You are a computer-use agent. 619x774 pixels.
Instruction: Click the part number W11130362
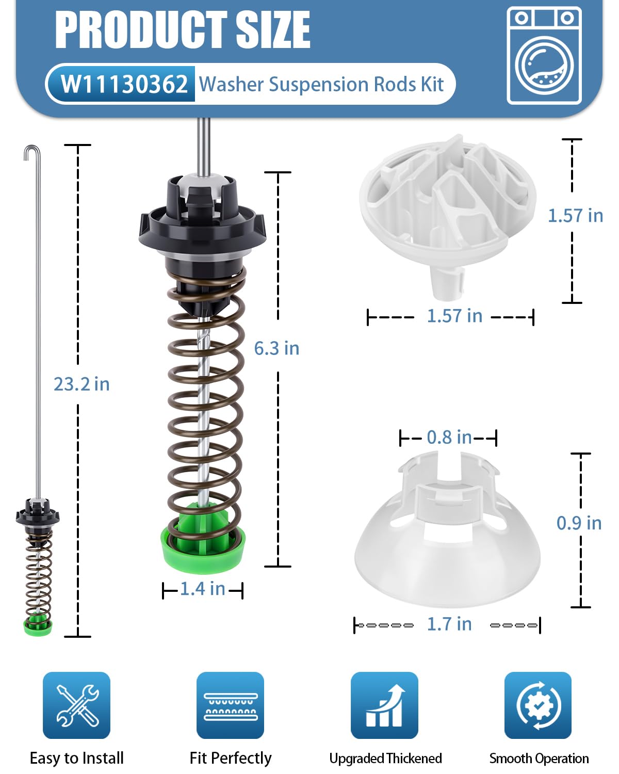[124, 85]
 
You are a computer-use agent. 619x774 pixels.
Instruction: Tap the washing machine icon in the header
[544, 56]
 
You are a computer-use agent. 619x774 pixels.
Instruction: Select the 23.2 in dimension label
[82, 384]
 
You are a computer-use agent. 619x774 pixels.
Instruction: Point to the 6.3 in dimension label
[276, 348]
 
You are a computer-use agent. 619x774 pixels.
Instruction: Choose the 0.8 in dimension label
[449, 438]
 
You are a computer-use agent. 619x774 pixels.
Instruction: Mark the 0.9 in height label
[579, 523]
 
